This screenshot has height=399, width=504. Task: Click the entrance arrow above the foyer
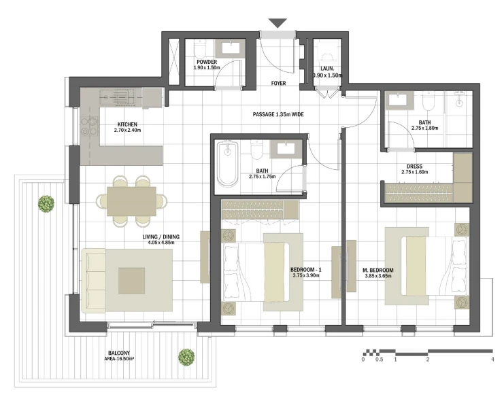[278, 23]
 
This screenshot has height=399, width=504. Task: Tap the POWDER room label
[207, 62]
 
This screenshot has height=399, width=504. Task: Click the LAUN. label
[327, 69]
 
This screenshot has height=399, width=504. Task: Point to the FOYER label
[278, 83]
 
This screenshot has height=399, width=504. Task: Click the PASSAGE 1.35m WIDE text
[278, 114]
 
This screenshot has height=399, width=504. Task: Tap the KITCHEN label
[127, 124]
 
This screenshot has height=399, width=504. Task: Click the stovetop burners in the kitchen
[89, 126]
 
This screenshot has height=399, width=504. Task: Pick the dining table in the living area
[131, 201]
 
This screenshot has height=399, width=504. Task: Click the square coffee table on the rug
[131, 281]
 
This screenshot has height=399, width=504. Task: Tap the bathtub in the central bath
[228, 163]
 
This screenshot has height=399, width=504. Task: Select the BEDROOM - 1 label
[305, 270]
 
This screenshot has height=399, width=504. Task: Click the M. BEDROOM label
[378, 270]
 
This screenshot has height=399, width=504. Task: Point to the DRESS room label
[414, 167]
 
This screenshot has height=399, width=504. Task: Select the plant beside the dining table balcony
[46, 204]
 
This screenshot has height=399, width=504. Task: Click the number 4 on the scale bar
[492, 360]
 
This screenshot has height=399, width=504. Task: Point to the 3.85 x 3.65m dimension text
[378, 276]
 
